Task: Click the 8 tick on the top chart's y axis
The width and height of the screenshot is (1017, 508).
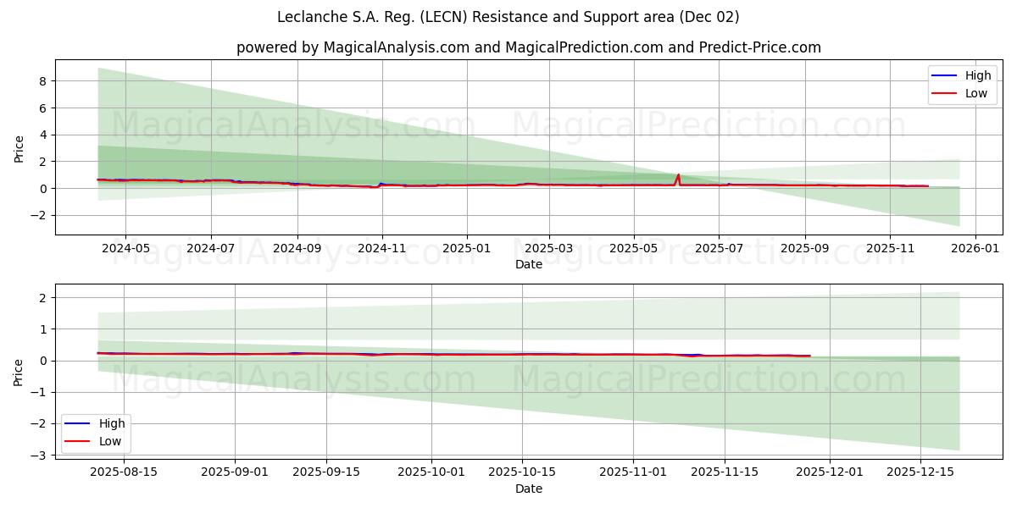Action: coord(40,81)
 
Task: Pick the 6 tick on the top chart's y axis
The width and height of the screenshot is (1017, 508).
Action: coord(40,108)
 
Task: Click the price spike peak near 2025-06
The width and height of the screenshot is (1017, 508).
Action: coord(678,175)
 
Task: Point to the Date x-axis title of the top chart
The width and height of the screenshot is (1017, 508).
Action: coord(528,265)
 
